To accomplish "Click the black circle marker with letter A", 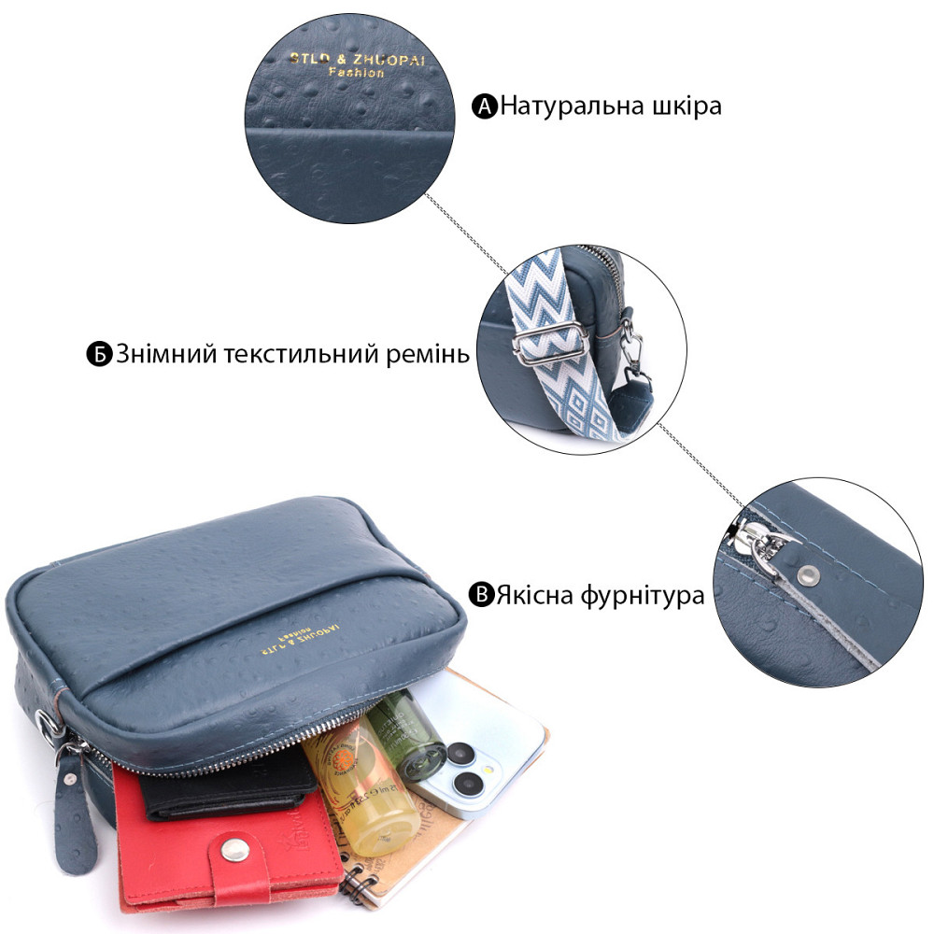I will pyautogui.click(x=486, y=106).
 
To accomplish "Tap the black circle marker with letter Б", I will pyautogui.click(x=100, y=356).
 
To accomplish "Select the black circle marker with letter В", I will pyautogui.click(x=481, y=595).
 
